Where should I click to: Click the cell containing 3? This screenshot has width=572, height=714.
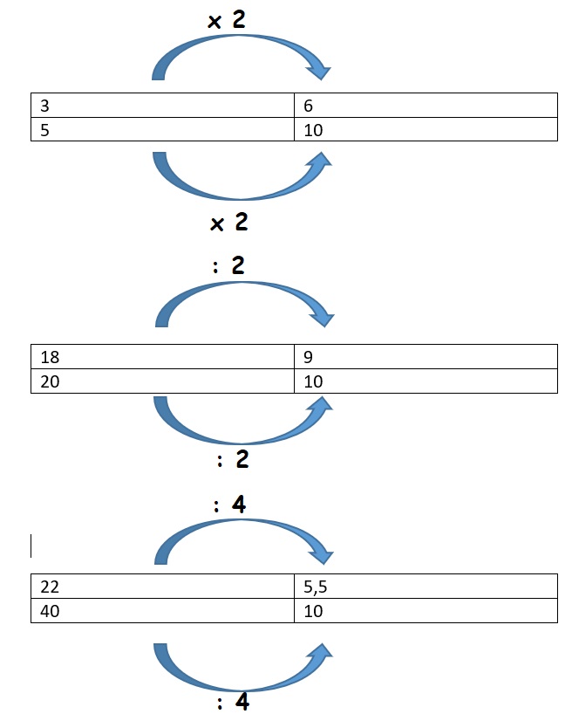pos(162,106)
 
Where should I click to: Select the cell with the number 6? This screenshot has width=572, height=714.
pos(426,106)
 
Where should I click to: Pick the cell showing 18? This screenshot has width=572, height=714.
pos(162,356)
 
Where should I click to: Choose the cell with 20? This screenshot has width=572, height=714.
pos(162,381)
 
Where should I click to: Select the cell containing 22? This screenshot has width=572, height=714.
pos(162,587)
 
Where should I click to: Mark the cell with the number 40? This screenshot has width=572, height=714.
pos(162,611)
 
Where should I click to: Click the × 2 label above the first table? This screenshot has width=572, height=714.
pos(227,19)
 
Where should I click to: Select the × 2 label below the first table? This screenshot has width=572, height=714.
pos(229,223)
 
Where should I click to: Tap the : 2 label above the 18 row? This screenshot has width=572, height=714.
pos(229,265)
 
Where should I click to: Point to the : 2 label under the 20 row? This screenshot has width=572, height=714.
pos(233,459)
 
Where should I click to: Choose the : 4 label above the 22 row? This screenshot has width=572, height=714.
pos(230,505)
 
